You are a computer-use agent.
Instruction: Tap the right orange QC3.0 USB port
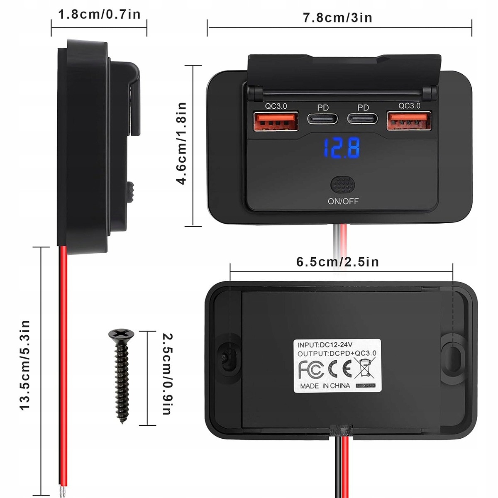(409, 121)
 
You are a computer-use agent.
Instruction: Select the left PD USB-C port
(323, 119)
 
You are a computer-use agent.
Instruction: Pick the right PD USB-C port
(363, 119)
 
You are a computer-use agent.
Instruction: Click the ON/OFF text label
(343, 201)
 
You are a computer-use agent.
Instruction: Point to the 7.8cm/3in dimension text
(337, 18)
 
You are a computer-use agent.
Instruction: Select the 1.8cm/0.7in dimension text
(99, 15)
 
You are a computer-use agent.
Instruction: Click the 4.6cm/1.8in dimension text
(181, 143)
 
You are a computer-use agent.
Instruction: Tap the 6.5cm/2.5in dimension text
(337, 262)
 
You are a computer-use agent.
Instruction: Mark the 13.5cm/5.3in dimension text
(25, 365)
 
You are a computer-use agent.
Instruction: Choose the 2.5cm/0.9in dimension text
(167, 373)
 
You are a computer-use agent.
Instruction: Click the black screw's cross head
(121, 334)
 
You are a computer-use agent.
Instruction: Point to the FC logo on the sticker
(311, 368)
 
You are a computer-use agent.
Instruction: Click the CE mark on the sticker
(340, 368)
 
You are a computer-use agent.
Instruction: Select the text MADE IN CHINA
(325, 386)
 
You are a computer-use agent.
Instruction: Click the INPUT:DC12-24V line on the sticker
(325, 344)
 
